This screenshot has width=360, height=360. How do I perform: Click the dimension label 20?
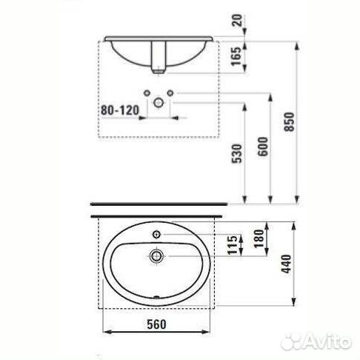pos(238,20)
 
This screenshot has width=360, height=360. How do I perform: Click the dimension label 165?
pos(236,56)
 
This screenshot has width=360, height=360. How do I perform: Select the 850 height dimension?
pos(289,122)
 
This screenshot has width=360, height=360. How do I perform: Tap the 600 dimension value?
pos(263,147)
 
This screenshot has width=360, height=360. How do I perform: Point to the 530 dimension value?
pos(236,153)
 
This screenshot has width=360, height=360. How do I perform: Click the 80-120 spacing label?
pos(120,110)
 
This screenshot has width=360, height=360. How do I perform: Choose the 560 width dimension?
pos(156,324)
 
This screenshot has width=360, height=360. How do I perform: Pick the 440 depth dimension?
pos(287,264)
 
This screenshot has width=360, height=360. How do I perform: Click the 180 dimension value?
pos(259,239)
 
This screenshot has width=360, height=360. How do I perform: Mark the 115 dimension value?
pos(232,245)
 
